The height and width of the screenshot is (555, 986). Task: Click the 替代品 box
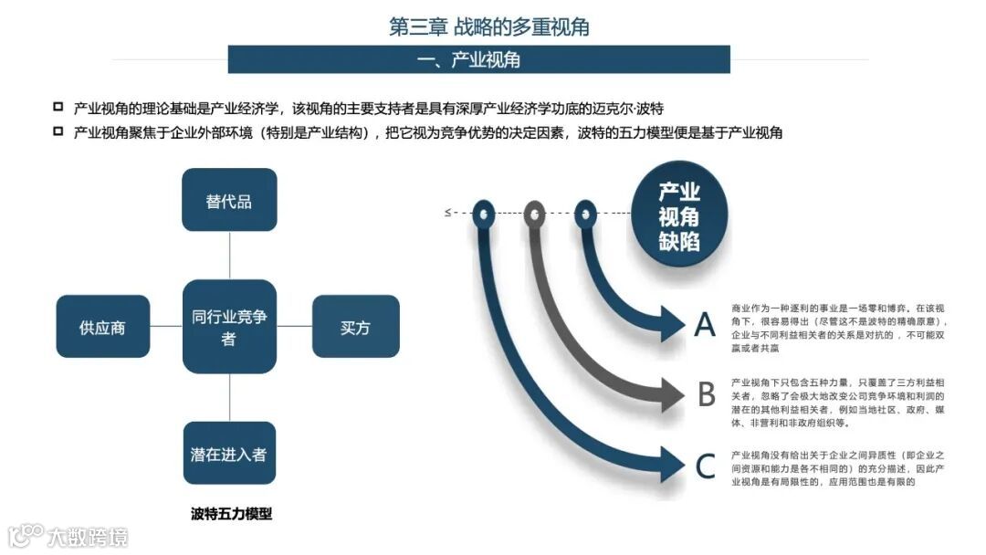[229, 200]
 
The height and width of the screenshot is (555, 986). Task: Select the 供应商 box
[102, 327]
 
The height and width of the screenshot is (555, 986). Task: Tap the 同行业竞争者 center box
[229, 327]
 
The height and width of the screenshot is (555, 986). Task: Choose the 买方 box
[355, 327]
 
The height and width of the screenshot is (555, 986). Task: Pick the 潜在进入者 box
[229, 453]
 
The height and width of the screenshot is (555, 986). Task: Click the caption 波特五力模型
[229, 513]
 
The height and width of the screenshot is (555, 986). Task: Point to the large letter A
[705, 325]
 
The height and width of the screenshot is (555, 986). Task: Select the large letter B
[706, 394]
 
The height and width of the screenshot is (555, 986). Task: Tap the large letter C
[705, 466]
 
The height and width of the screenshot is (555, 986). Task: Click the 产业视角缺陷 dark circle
[679, 216]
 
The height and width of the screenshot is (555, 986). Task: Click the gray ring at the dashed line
[534, 214]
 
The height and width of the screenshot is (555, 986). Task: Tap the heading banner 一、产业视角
[479, 60]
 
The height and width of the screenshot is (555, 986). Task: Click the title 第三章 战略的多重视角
[489, 26]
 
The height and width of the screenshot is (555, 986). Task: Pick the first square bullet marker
[58, 106]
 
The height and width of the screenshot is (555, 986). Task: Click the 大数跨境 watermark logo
[68, 535]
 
